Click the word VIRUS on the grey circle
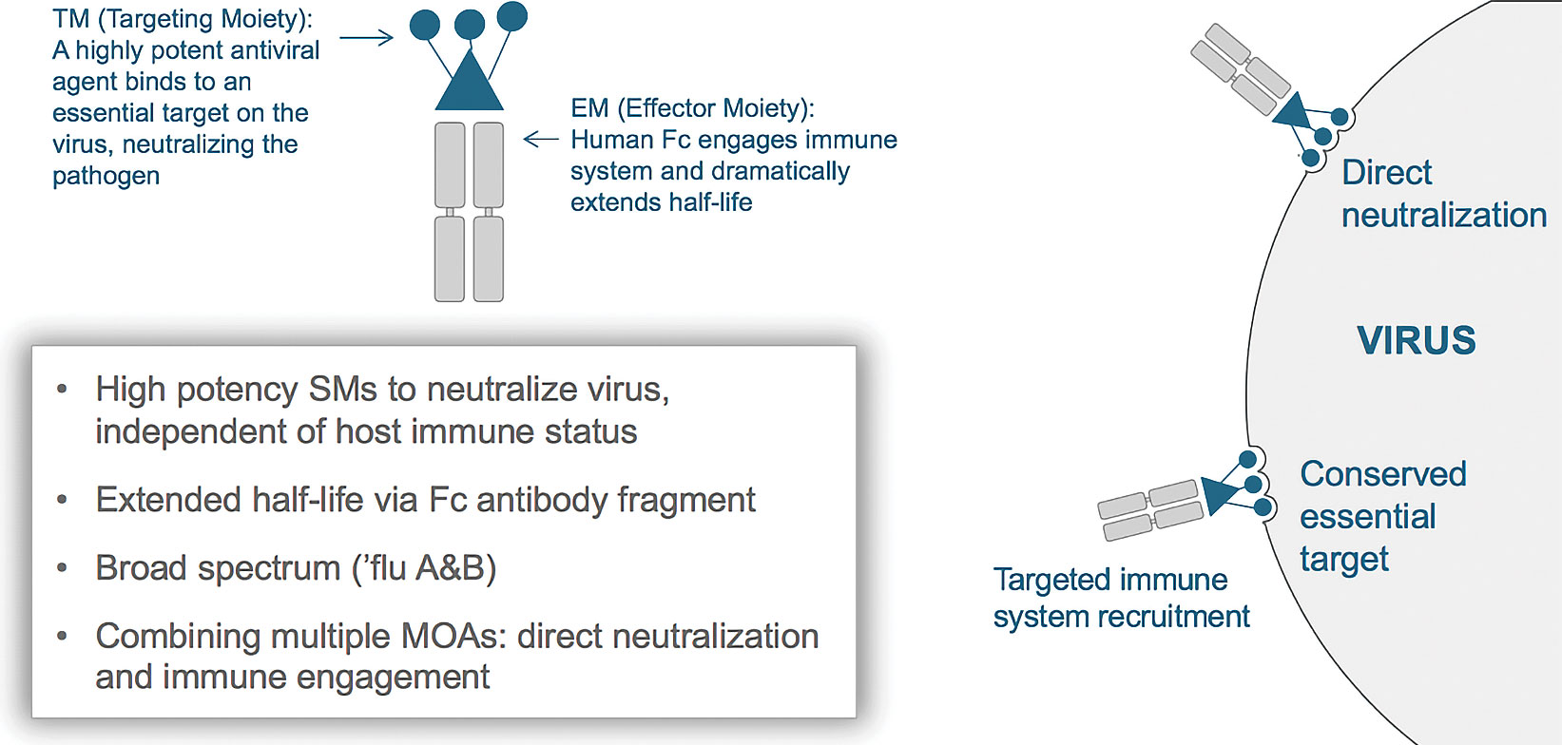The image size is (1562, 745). tap(1416, 340)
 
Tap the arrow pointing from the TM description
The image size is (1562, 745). tap(366, 38)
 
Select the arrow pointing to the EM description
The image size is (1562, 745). tap(541, 140)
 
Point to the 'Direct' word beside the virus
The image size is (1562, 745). tap(1386, 173)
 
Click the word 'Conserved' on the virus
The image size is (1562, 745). tap(1383, 473)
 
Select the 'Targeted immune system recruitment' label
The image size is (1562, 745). tap(1121, 598)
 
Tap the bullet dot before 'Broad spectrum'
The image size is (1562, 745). tap(62, 568)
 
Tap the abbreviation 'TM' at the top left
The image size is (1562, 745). tap(71, 19)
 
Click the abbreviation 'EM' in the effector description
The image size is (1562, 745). tap(589, 108)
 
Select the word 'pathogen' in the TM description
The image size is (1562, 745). tap(106, 177)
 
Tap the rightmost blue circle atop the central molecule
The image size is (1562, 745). tap(512, 15)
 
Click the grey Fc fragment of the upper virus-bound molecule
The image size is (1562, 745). tap(1241, 68)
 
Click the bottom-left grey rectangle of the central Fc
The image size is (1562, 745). tap(450, 258)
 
